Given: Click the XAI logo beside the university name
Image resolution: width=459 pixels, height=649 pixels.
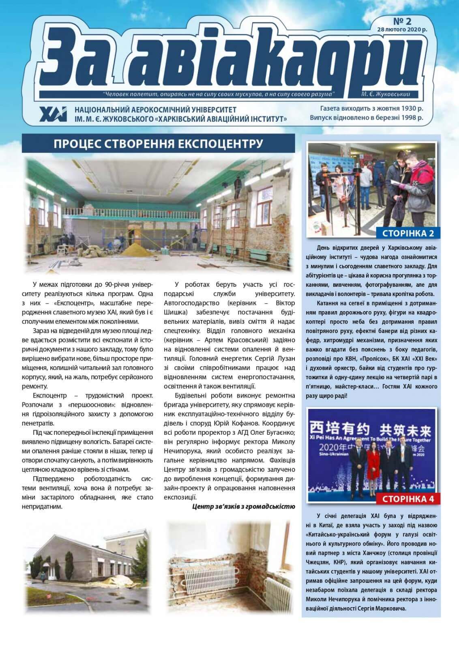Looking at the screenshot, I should pos(54,114).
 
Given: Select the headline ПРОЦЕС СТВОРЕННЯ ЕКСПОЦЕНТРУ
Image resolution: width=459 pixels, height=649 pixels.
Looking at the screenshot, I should pos(158,144).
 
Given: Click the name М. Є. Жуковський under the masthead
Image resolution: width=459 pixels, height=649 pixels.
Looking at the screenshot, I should pos(385,94).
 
